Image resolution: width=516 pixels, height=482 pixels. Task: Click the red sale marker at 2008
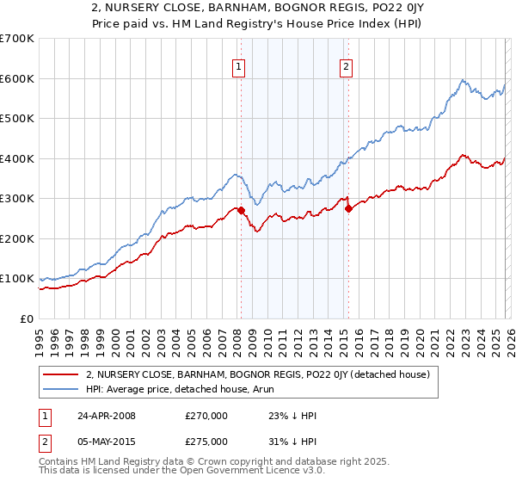242,210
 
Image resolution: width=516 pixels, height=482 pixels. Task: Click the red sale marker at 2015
348,207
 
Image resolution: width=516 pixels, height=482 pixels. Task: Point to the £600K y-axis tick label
17,78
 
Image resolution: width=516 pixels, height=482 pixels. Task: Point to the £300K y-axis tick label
17,199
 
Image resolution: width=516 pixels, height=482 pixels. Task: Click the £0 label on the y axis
26,319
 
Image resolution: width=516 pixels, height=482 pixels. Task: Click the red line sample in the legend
61,374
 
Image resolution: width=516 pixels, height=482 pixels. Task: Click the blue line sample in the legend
61,390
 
